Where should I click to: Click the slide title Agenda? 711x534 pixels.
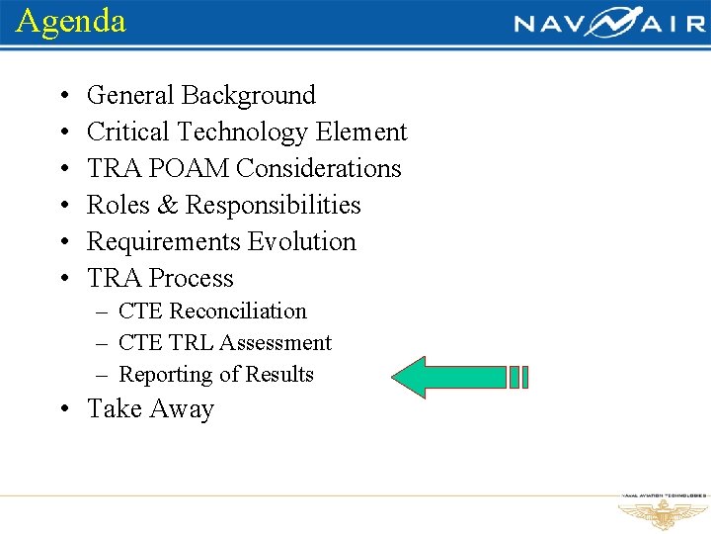click(x=71, y=21)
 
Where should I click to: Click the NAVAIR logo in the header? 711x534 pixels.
click(x=609, y=23)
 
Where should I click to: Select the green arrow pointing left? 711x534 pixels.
click(x=460, y=377)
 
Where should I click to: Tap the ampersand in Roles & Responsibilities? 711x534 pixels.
click(x=168, y=206)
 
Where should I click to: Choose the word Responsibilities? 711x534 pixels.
click(x=274, y=206)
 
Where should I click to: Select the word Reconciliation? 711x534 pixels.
click(x=238, y=311)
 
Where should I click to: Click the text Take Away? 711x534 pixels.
click(x=150, y=409)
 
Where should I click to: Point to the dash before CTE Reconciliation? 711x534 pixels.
click(x=103, y=312)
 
